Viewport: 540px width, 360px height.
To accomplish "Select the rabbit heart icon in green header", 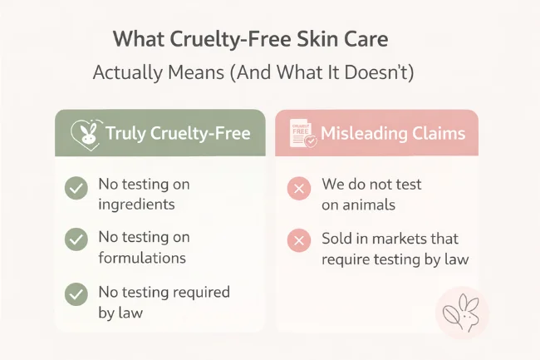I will click(86, 133).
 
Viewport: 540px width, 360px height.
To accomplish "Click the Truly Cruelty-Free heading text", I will click(178, 133).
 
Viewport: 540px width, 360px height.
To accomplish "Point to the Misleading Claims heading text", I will click(393, 133).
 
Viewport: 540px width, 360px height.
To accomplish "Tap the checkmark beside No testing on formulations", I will click(76, 240).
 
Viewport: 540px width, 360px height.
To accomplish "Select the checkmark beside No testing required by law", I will click(76, 293).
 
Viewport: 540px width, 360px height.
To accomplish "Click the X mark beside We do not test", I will click(299, 190).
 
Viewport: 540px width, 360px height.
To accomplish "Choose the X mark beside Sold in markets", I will click(299, 242).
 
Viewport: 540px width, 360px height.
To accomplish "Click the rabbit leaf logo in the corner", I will click(462, 313).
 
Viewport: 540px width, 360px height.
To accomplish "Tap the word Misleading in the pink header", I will click(359, 133).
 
